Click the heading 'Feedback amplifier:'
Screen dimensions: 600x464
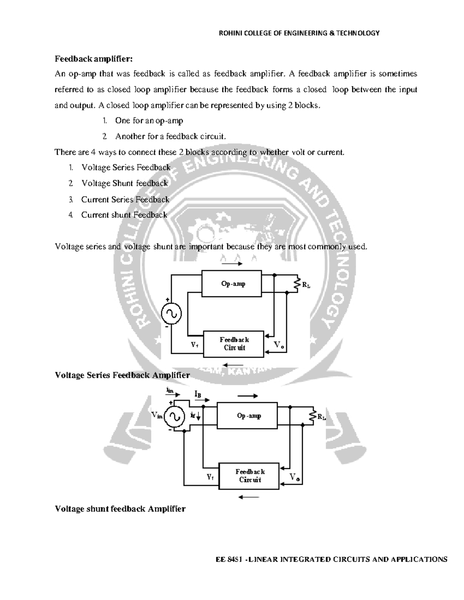[94, 59]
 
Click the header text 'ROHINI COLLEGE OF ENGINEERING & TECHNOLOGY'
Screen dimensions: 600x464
[299, 33]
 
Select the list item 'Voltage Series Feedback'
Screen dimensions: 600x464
[126, 167]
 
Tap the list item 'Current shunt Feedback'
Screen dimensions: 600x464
[124, 215]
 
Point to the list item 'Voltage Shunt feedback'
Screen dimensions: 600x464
[125, 183]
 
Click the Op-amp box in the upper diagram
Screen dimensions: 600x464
[232, 284]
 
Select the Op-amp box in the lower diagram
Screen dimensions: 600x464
[247, 416]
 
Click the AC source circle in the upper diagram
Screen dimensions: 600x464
[171, 314]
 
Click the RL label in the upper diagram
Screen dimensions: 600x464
[306, 286]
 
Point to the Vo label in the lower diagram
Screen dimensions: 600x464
[294, 478]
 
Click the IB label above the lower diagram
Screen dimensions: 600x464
[198, 394]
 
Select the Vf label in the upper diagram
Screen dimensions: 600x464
[194, 345]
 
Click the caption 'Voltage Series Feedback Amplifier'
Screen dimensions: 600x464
[122, 375]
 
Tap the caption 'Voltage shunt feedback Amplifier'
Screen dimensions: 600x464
[120, 509]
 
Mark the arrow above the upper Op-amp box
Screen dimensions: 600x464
[232, 264]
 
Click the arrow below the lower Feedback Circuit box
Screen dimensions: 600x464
[249, 497]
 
